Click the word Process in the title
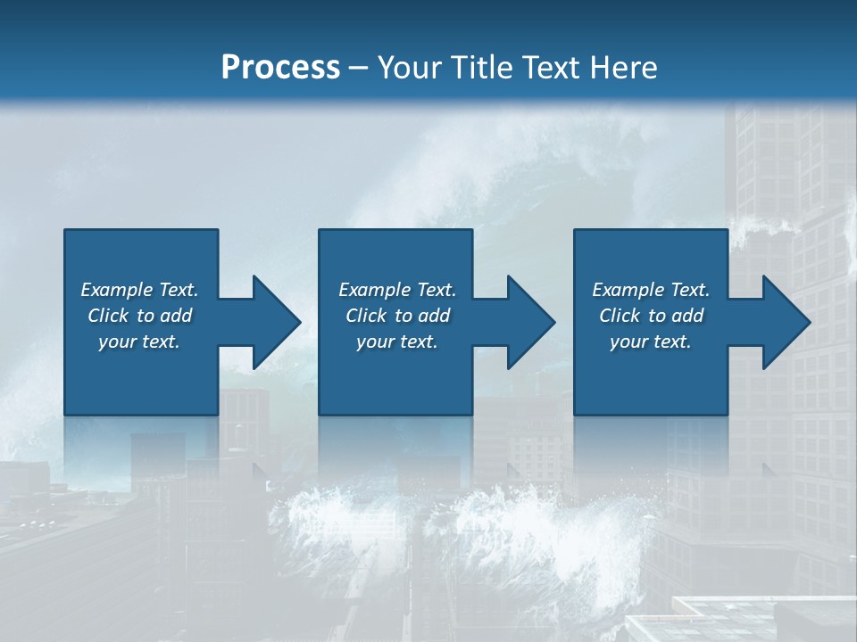click(280, 68)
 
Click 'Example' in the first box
click(117, 290)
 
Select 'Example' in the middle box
click(375, 290)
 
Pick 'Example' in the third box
click(628, 290)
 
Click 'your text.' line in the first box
click(139, 342)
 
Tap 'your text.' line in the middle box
click(397, 342)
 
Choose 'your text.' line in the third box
click(651, 342)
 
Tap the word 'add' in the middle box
click(434, 316)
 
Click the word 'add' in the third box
click(687, 316)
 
